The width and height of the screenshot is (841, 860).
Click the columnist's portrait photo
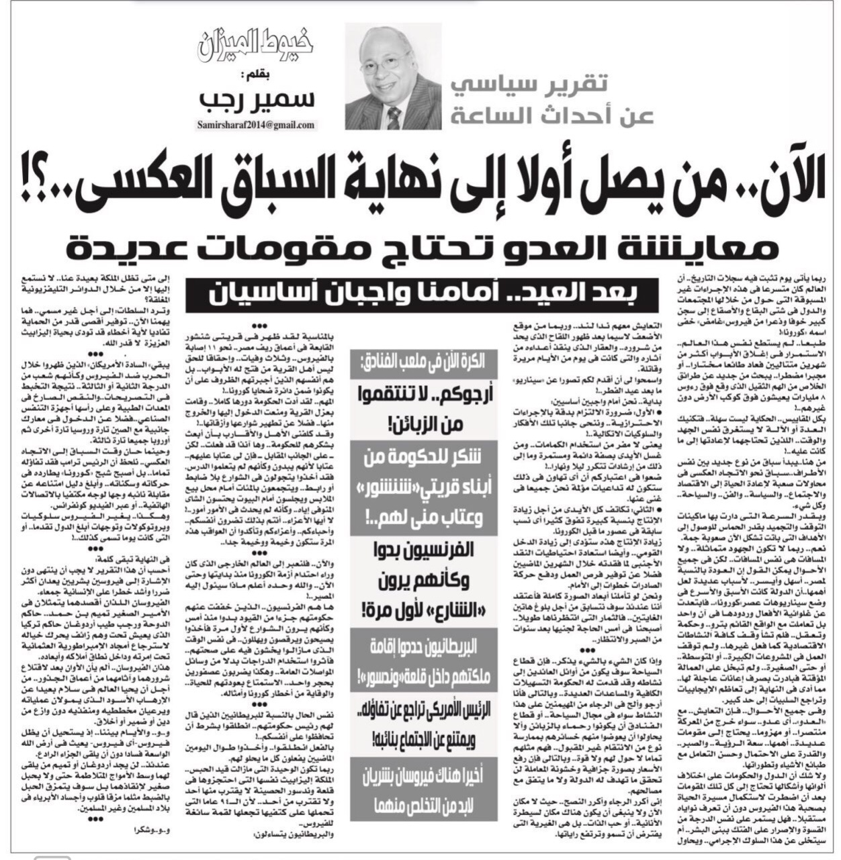[x=384, y=77]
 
